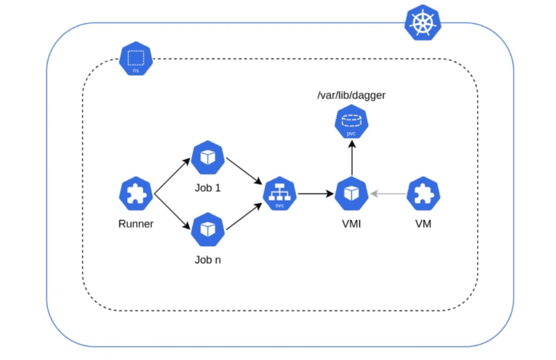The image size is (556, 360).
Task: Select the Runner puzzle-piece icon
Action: (x=136, y=195)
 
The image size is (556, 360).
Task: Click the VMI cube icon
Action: (x=351, y=195)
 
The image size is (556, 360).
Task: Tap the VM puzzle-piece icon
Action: (x=423, y=195)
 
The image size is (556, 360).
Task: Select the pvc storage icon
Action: (x=351, y=122)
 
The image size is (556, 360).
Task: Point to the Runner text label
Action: (x=136, y=224)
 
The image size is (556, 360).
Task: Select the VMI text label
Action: (x=351, y=224)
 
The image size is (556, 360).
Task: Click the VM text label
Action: (x=423, y=224)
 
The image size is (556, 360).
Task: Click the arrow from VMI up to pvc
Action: (x=351, y=158)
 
